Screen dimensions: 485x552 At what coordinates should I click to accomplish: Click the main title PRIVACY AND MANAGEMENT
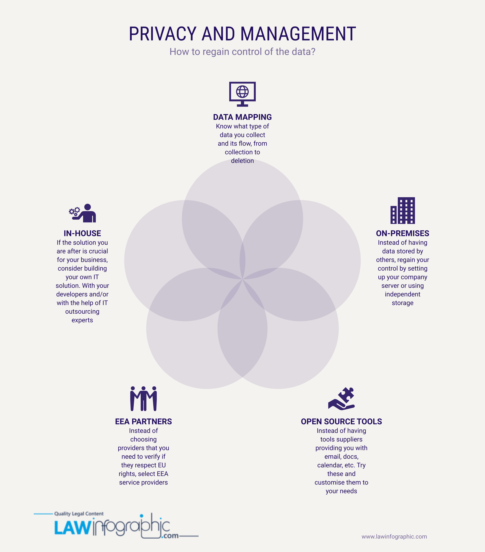point(242,34)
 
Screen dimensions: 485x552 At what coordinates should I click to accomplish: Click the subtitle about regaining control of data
point(242,52)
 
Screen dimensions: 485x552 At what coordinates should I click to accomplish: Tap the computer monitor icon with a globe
point(242,94)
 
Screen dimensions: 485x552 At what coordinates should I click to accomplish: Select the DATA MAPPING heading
point(242,117)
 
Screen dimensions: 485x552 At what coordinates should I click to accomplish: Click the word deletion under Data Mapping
point(242,161)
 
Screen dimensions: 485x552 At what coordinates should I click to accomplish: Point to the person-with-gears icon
point(82,213)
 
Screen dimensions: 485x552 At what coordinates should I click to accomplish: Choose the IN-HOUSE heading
point(82,233)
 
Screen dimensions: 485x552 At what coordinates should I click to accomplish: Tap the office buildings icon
point(403,210)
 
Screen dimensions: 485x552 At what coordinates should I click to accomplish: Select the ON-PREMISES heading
point(403,233)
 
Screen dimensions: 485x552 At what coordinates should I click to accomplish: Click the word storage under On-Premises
point(403,303)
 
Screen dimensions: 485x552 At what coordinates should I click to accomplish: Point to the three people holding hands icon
point(144,399)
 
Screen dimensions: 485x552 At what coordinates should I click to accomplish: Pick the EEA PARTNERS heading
point(144,422)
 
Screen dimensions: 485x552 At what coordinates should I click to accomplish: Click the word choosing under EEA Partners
point(144,439)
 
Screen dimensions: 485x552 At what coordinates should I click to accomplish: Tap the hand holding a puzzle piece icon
point(341,399)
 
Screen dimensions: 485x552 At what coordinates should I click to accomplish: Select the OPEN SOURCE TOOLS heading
point(341,422)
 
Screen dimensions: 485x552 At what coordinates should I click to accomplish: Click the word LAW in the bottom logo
point(72,528)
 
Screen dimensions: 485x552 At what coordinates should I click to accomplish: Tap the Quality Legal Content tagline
point(79,514)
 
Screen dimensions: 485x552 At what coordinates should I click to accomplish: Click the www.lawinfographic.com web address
point(394,537)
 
